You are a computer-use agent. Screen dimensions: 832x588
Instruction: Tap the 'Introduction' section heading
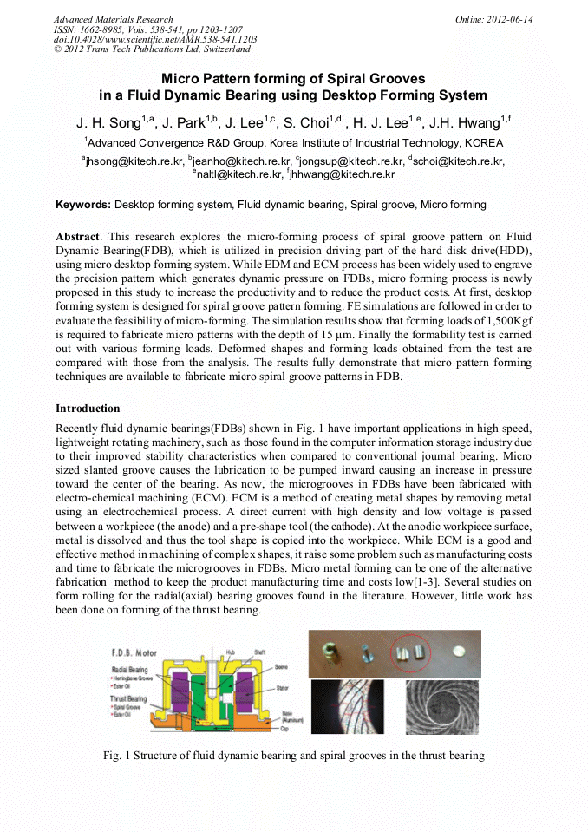(x=88, y=408)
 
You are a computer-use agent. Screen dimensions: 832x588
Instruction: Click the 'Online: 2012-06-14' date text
(x=494, y=19)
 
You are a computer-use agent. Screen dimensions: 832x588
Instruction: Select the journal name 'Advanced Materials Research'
(x=113, y=19)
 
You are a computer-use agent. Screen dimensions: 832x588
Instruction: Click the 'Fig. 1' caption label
(x=117, y=756)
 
